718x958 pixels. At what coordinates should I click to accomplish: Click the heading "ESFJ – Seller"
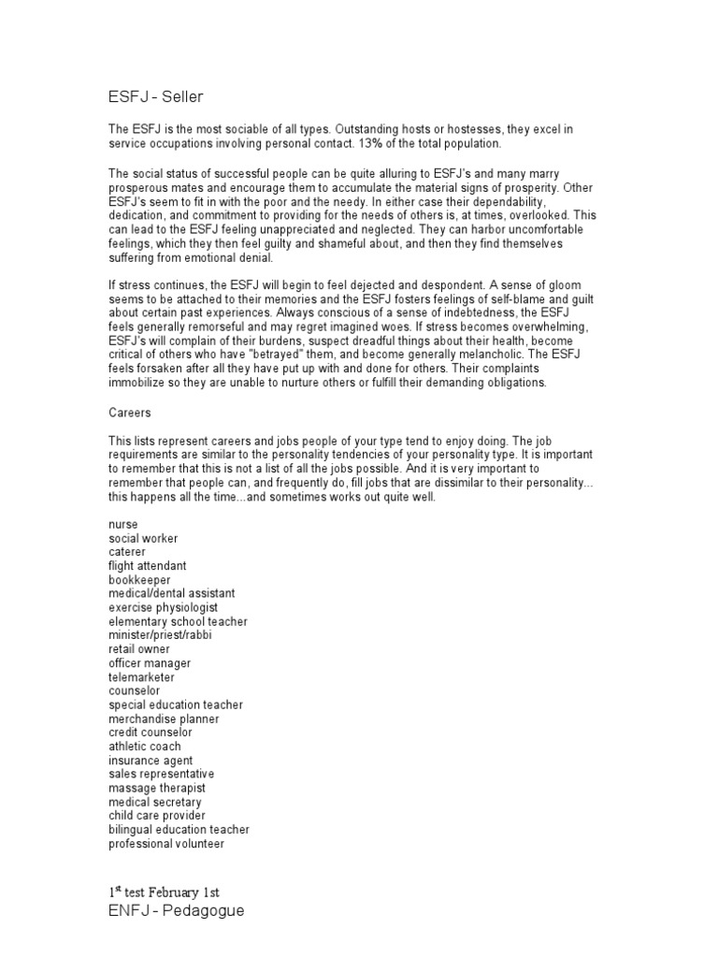click(x=155, y=96)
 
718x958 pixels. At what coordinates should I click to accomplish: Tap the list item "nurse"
click(x=123, y=526)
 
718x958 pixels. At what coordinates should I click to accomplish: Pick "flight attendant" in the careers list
click(x=148, y=566)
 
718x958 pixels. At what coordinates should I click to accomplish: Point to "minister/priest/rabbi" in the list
click(x=161, y=634)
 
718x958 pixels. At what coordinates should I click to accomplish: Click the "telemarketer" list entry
click(x=142, y=676)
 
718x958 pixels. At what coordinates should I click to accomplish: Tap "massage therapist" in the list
click(x=155, y=789)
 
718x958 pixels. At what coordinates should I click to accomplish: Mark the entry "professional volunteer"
click(x=166, y=844)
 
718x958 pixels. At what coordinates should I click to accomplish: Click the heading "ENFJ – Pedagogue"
click(x=177, y=909)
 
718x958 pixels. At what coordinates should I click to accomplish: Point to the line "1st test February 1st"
click(x=165, y=891)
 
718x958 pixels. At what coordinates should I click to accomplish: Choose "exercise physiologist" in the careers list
click(x=164, y=607)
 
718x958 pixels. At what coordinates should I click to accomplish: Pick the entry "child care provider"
click(x=157, y=816)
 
